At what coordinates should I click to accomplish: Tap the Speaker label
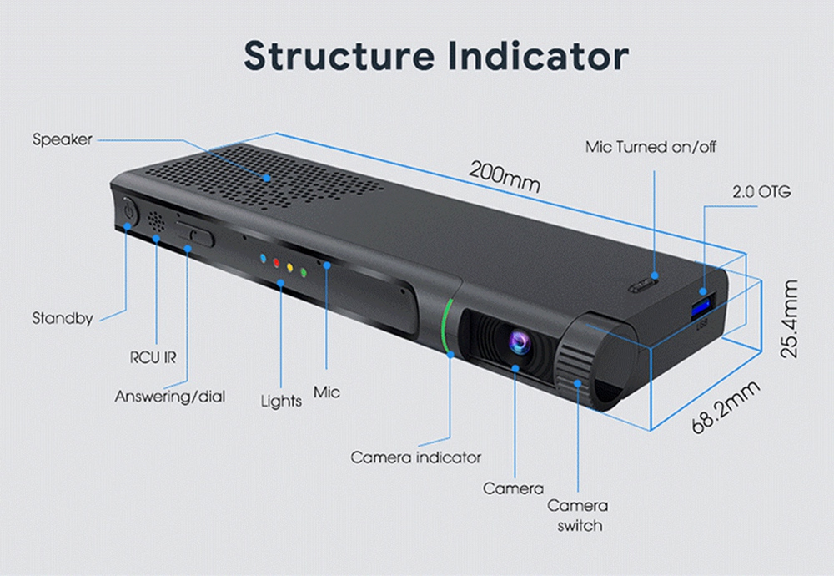pyautogui.click(x=62, y=139)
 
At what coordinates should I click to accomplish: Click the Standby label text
pyautogui.click(x=62, y=318)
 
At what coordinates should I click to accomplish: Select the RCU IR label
pyautogui.click(x=153, y=359)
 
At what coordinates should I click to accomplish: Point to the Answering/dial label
pyautogui.click(x=169, y=396)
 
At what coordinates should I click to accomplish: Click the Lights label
pyautogui.click(x=281, y=402)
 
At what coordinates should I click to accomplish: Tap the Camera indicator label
pyautogui.click(x=415, y=457)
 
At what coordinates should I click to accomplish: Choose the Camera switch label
pyautogui.click(x=577, y=515)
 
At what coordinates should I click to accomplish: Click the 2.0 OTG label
pyautogui.click(x=761, y=192)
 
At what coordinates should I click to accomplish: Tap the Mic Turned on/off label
pyautogui.click(x=651, y=148)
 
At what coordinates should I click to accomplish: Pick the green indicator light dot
pyautogui.click(x=304, y=271)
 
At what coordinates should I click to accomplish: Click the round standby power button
pyautogui.click(x=128, y=210)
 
